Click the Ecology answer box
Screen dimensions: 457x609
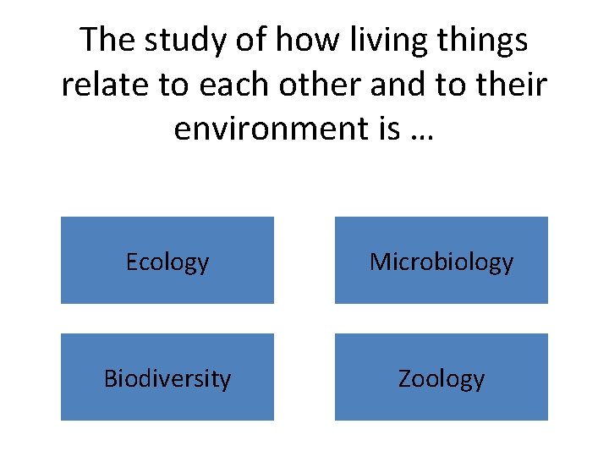(x=167, y=261)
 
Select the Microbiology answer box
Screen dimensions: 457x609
(x=441, y=261)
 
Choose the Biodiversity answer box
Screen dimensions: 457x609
(x=167, y=377)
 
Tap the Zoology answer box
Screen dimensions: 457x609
(x=441, y=377)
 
